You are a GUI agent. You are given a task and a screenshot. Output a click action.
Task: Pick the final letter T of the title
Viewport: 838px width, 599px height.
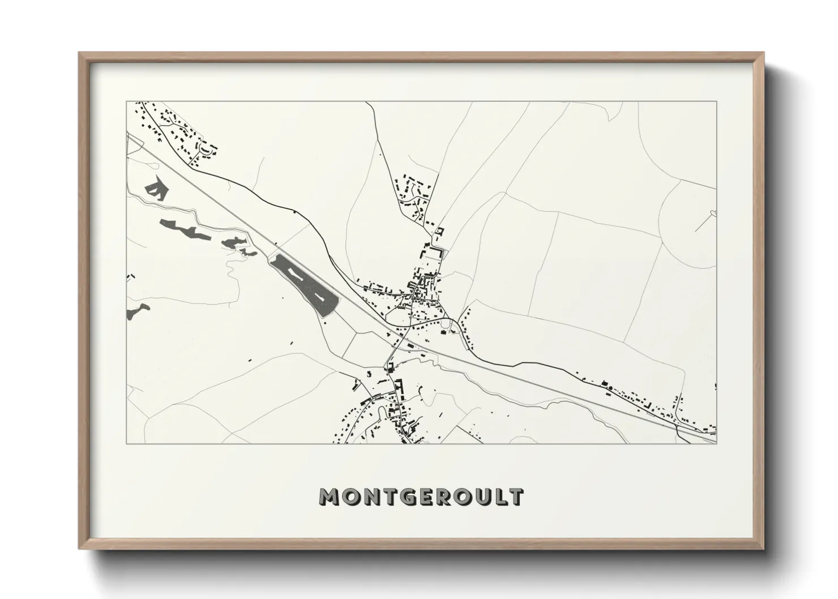pyautogui.click(x=516, y=497)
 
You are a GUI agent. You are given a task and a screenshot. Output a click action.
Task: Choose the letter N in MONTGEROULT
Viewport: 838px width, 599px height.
pyautogui.click(x=369, y=497)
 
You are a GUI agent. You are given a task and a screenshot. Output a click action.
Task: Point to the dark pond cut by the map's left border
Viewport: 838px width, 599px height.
pyautogui.click(x=138, y=310)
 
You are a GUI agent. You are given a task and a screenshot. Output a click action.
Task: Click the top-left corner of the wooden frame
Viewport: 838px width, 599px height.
pyautogui.click(x=80, y=54)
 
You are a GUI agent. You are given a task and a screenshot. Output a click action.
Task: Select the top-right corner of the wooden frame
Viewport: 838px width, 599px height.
pyautogui.click(x=762, y=54)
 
